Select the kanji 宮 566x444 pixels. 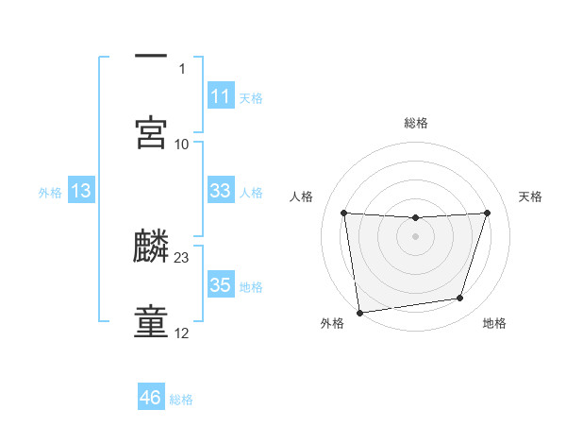click(x=151, y=132)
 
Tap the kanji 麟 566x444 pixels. click(x=151, y=248)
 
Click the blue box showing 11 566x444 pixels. click(x=220, y=96)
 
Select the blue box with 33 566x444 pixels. click(x=220, y=191)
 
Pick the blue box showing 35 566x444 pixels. click(x=220, y=285)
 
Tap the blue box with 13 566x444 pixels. click(x=80, y=191)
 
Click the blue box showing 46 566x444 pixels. click(x=150, y=398)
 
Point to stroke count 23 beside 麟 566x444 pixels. click(x=182, y=258)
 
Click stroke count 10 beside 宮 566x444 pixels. click(x=182, y=145)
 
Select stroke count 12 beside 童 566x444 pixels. click(x=182, y=333)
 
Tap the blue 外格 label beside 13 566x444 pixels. click(x=50, y=193)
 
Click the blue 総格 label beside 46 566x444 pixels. click(x=181, y=400)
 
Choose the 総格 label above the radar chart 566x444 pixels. click(x=416, y=123)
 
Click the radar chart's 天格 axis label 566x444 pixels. click(x=530, y=196)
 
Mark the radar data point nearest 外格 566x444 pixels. click(x=359, y=312)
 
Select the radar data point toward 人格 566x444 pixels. click(x=343, y=213)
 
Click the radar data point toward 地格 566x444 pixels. click(x=460, y=299)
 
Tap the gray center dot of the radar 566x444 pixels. click(x=416, y=236)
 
